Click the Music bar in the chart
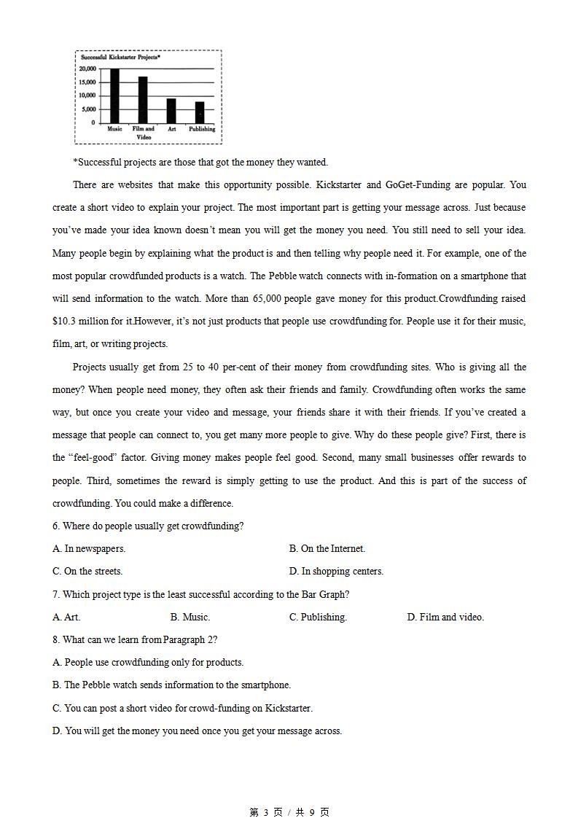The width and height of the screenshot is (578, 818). click(114, 96)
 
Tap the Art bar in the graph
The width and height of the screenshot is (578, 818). click(171, 111)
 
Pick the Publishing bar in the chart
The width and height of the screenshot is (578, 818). click(200, 112)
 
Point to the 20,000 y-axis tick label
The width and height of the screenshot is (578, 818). click(87, 69)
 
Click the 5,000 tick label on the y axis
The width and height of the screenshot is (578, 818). click(89, 109)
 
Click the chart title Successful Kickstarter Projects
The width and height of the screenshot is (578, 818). click(120, 57)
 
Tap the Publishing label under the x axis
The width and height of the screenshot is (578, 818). click(202, 129)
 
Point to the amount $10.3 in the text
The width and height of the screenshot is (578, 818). click(66, 322)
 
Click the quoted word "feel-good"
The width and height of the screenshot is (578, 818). click(89, 458)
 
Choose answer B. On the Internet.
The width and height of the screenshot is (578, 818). click(327, 549)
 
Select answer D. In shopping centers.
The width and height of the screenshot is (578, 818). click(336, 572)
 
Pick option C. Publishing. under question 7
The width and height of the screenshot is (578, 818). click(318, 618)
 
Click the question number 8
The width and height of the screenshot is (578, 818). click(56, 640)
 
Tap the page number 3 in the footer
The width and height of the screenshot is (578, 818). click(266, 812)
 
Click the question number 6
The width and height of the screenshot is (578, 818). click(56, 526)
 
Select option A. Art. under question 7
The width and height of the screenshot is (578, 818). click(66, 618)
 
